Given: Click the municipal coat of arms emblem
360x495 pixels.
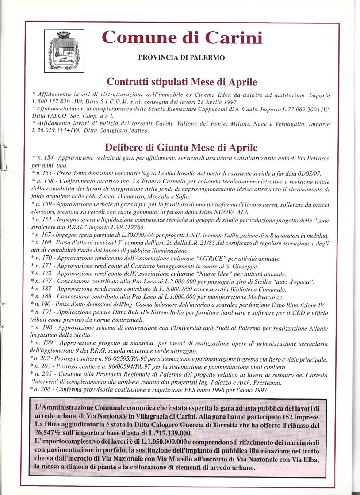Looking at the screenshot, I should (64, 51).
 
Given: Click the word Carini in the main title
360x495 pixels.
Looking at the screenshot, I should (234, 38).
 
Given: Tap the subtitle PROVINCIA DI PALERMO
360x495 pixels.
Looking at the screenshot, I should (181, 57).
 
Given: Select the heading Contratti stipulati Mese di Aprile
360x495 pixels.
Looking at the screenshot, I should (182, 82).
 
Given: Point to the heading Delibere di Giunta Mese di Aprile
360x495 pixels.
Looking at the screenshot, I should (181, 148).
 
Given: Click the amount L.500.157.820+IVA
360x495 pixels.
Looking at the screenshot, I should (60, 102).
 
